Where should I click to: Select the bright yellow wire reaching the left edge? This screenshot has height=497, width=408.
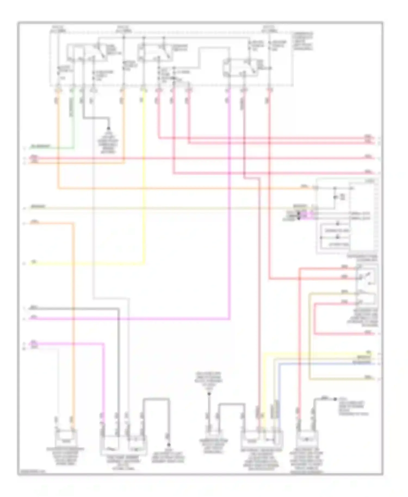[x=82, y=263]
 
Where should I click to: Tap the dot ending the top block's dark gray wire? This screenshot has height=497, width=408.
[x=109, y=128]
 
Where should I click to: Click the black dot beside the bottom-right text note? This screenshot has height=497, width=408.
[x=335, y=399]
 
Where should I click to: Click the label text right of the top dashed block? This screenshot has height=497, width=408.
[x=303, y=41]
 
